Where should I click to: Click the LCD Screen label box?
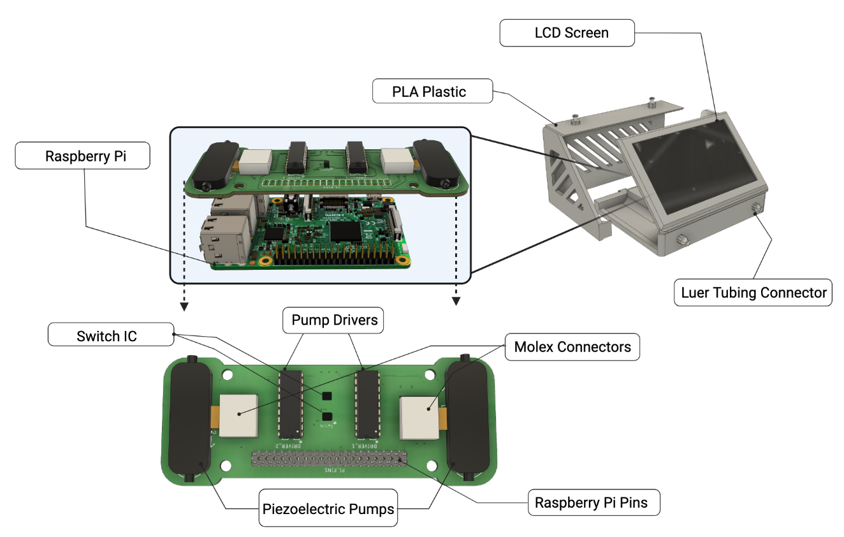click(x=567, y=33)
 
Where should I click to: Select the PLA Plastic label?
click(x=432, y=91)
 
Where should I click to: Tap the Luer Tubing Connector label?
click(x=753, y=293)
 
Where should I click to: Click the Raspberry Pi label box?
click(x=82, y=156)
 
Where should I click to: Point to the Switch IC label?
click(x=110, y=335)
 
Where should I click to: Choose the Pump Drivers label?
click(x=333, y=320)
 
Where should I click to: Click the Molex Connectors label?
click(x=572, y=347)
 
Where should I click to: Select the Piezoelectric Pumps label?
click(x=328, y=508)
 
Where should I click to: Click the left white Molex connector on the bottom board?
click(x=239, y=415)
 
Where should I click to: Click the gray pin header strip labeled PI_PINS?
click(x=329, y=459)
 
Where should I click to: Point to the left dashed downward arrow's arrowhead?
click(x=184, y=306)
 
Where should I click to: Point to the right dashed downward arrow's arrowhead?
click(x=456, y=301)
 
